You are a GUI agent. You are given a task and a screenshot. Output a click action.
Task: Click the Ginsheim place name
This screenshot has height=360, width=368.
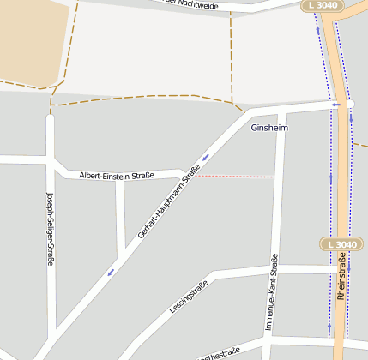point(269,128)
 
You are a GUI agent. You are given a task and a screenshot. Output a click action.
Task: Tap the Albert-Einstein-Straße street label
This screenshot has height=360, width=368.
point(116,176)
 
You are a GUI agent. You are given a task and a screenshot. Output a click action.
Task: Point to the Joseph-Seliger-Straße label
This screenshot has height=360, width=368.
point(51,228)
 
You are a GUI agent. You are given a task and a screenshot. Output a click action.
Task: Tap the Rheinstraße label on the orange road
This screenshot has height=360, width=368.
point(341,282)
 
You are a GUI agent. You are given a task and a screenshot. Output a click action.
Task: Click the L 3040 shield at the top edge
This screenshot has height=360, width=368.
point(323,6)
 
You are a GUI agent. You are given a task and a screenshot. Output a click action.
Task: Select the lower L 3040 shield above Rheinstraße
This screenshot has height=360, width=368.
point(340,244)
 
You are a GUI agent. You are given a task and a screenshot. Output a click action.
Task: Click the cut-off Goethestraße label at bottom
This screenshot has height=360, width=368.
point(220,353)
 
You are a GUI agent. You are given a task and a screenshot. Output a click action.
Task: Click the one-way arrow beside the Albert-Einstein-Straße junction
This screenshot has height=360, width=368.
point(206,158)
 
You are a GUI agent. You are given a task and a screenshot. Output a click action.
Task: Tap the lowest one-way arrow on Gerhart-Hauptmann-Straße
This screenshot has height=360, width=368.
point(111,273)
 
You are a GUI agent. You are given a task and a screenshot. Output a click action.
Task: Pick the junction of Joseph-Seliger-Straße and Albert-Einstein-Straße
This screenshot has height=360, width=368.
point(51,160)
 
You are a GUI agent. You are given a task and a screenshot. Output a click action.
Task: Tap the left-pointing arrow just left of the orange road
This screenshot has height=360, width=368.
point(336,105)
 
